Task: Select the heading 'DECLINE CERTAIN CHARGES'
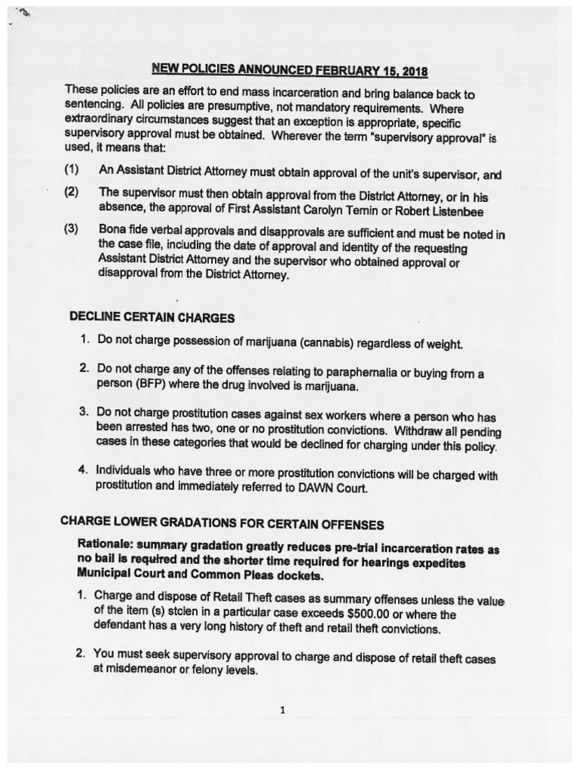coord(152,317)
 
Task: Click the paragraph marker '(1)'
coord(73,170)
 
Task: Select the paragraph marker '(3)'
coord(72,228)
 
